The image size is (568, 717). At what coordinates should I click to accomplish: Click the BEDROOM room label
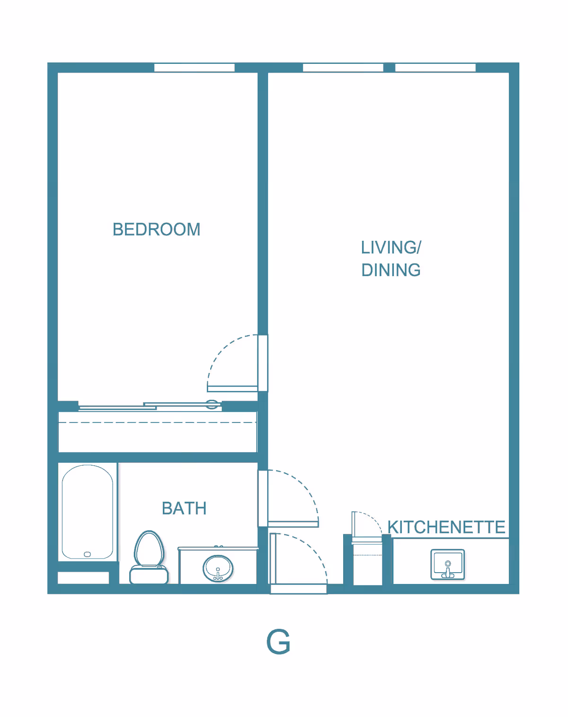point(156,230)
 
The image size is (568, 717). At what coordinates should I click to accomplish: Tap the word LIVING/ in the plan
point(390,248)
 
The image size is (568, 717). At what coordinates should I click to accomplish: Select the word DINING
point(390,270)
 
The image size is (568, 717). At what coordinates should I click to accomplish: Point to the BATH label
point(184,508)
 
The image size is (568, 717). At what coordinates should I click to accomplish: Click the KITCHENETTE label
point(446,527)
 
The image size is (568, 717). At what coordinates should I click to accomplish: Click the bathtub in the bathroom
point(88,511)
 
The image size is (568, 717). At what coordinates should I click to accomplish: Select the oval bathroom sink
point(218,568)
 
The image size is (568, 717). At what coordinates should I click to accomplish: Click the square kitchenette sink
point(448,564)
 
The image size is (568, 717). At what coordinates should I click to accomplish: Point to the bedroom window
point(194,68)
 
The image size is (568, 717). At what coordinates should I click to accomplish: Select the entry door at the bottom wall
point(298,589)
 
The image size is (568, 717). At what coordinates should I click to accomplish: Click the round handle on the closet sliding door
point(212,404)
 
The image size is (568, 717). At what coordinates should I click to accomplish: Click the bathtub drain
point(87,554)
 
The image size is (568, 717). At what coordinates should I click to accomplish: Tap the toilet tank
point(149,575)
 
